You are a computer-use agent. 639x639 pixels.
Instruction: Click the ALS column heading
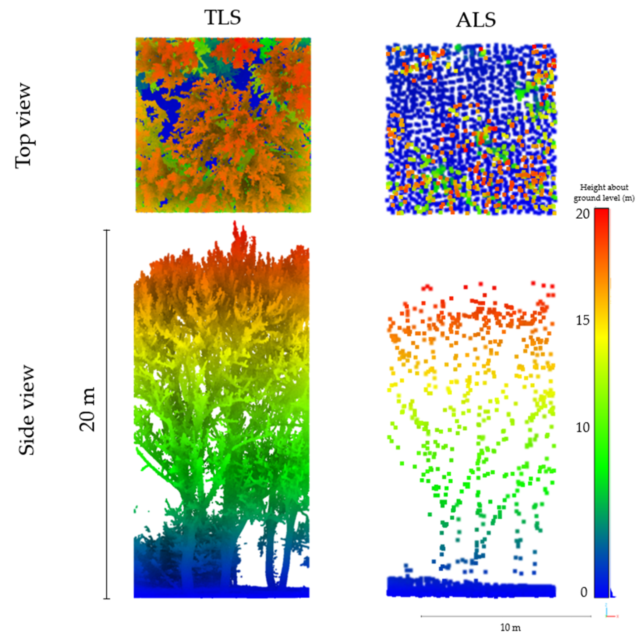click(476, 20)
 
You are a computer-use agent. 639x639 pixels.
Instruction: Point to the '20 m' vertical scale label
click(87, 409)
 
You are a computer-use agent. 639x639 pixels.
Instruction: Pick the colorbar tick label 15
click(583, 320)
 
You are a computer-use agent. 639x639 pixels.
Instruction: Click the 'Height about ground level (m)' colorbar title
click(604, 192)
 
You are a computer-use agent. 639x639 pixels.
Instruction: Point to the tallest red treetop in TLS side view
click(236, 228)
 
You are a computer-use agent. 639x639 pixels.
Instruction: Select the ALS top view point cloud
click(471, 129)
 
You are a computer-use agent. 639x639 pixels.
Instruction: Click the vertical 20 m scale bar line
click(107, 413)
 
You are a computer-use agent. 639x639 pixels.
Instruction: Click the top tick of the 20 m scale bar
click(107, 230)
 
